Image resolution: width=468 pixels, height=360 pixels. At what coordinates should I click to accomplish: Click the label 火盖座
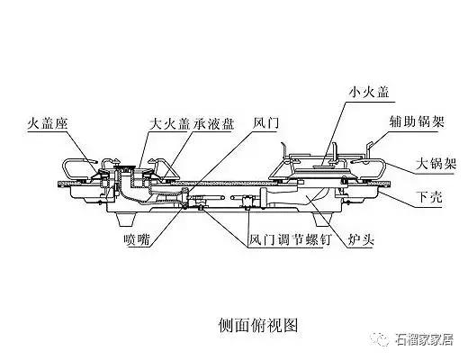48,123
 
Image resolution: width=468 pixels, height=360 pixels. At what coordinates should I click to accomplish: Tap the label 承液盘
213,123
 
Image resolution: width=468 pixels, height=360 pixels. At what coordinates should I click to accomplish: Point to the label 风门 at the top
265,123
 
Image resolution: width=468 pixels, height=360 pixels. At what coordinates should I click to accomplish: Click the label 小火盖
369,92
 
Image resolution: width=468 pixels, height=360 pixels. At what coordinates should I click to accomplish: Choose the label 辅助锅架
417,121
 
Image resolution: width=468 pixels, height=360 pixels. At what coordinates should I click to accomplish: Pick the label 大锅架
436,164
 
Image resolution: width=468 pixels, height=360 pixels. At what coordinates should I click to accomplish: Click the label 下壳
429,197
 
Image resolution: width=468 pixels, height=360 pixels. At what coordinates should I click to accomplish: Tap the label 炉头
361,239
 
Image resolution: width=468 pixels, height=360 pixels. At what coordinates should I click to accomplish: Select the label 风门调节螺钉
290,239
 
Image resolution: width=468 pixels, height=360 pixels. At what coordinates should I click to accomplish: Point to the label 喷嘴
137,239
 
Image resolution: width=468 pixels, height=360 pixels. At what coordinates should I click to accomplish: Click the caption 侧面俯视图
258,325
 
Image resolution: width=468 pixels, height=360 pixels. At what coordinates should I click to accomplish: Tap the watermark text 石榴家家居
424,339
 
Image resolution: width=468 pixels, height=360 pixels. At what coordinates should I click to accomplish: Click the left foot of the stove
126,220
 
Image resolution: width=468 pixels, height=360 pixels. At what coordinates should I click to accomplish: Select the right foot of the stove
322,220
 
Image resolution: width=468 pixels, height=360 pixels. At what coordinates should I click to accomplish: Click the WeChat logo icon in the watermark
380,339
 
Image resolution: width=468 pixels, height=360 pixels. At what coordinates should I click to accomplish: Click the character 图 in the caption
290,325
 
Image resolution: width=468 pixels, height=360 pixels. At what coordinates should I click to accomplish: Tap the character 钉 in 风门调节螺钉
324,239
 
